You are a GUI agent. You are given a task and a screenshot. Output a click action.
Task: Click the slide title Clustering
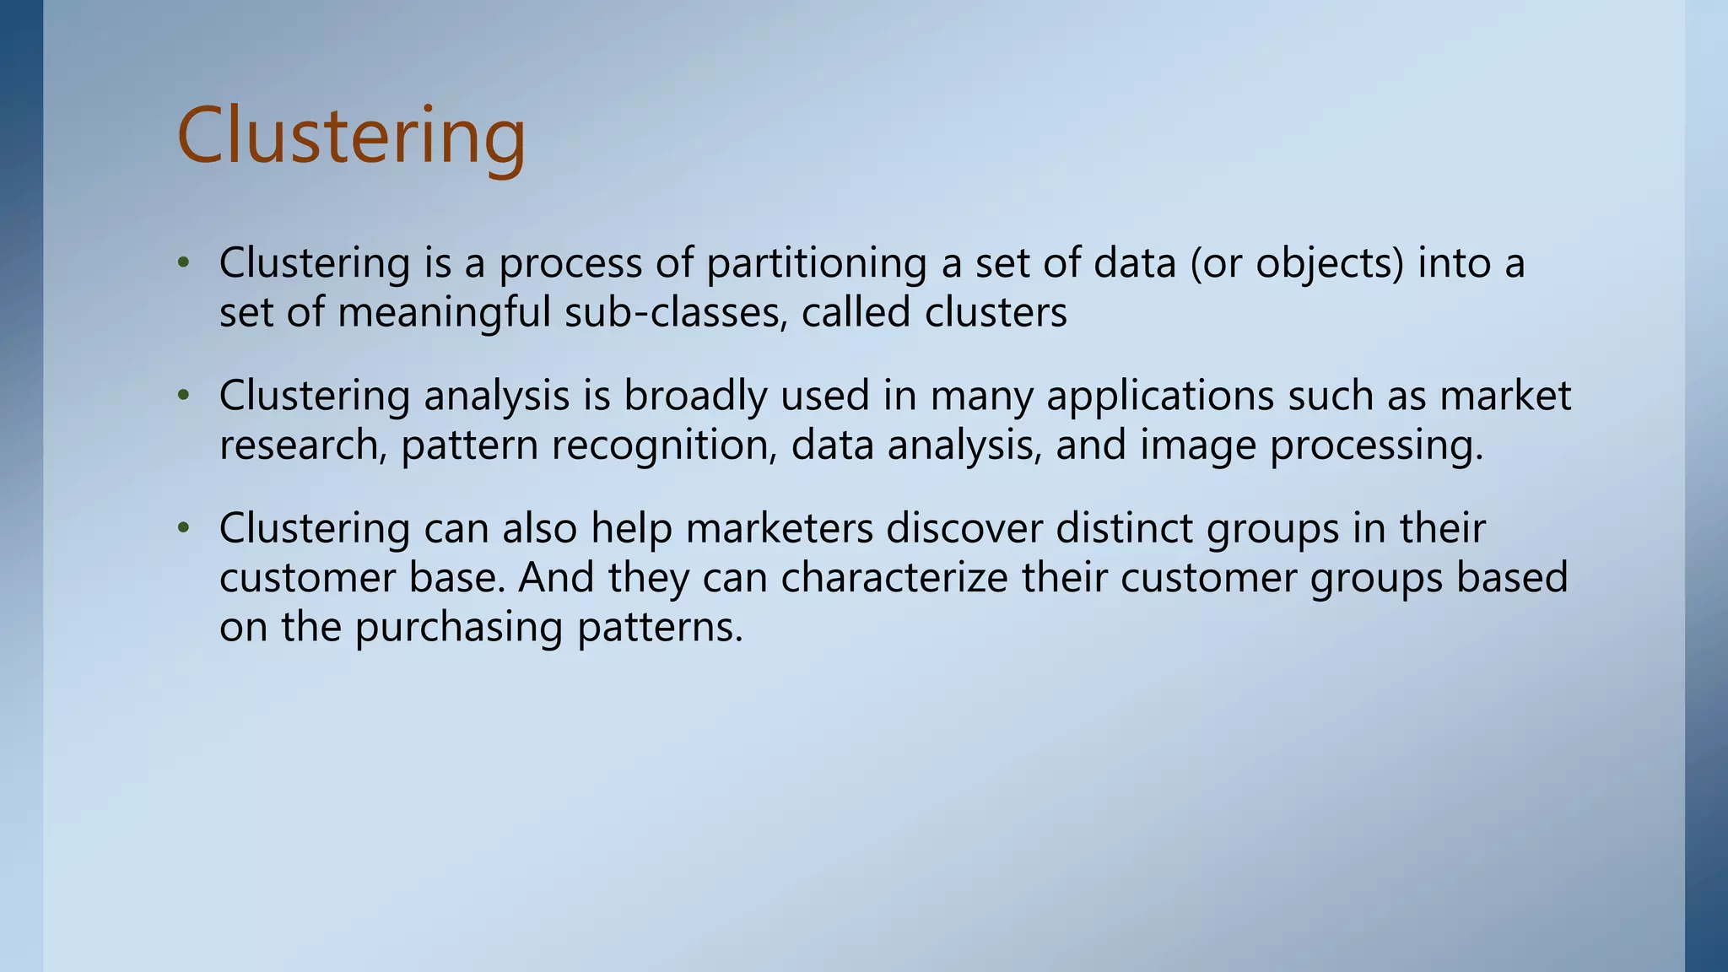[351, 137]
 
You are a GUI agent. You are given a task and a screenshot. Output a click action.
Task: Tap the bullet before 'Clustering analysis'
[183, 396]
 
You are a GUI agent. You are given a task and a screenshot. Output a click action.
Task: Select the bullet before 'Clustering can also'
[183, 528]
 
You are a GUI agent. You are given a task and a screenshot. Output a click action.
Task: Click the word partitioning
[816, 263]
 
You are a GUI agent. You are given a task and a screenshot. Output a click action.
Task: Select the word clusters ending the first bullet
[996, 313]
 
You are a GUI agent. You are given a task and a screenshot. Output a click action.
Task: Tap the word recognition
[664, 445]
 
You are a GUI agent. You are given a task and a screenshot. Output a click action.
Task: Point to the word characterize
[894, 578]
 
